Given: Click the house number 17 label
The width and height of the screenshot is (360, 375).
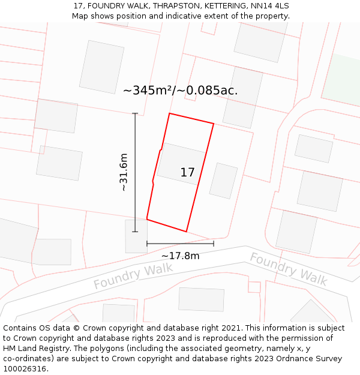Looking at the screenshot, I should click(187, 173).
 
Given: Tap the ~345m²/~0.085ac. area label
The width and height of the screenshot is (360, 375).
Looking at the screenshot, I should click(180, 91).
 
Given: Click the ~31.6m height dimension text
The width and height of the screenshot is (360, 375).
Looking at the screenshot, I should click(124, 172).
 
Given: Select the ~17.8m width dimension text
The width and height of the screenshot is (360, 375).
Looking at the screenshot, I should click(180, 256).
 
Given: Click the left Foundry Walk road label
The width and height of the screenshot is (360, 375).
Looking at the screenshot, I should click(133, 276).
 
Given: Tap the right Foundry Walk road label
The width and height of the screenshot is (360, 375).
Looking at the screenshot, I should click(288, 268).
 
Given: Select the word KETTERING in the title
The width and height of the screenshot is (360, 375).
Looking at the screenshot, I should click(221, 6).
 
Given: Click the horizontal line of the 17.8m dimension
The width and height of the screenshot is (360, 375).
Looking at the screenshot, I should click(180, 244).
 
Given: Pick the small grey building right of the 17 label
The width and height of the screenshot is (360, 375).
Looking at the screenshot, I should click(223, 181).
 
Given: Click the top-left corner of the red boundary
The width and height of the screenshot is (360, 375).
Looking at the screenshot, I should click(170, 113).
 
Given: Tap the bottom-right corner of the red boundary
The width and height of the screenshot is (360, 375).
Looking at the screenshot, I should click(186, 232).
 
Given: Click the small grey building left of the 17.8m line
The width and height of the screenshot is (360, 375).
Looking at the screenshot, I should click(136, 236).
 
